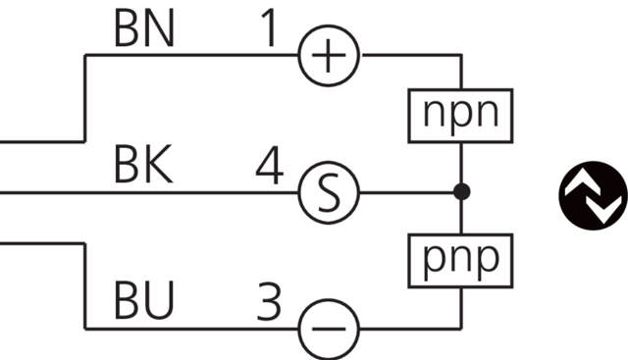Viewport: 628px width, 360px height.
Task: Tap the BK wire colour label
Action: [x=143, y=168]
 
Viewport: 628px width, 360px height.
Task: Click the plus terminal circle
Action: [x=328, y=56]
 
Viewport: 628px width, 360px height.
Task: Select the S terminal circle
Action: [x=328, y=191]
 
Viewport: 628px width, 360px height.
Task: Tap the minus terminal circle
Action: [x=328, y=328]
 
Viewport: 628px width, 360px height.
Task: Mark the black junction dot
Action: [x=460, y=191]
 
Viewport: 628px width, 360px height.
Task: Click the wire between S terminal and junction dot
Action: [x=407, y=191]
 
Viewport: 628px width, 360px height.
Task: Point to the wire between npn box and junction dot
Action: [x=460, y=162]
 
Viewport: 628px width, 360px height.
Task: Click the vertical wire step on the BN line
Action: [x=85, y=98]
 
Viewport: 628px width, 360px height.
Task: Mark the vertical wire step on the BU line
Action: [x=85, y=284]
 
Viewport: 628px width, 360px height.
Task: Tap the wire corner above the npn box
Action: [x=460, y=56]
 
